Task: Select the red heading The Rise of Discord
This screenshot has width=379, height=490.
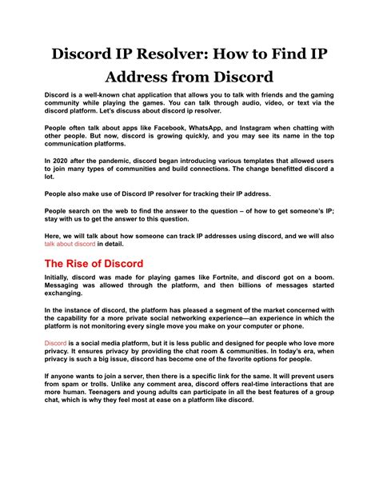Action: (x=94, y=264)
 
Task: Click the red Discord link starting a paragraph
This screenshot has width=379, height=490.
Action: (x=56, y=342)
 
